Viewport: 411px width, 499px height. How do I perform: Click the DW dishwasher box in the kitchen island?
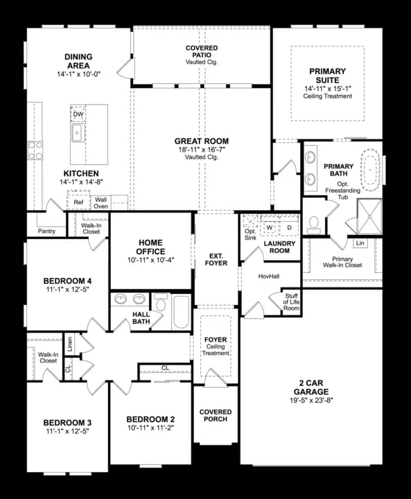point(78,115)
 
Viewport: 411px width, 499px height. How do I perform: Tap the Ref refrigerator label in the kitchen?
point(78,202)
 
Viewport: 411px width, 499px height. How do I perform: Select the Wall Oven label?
point(101,202)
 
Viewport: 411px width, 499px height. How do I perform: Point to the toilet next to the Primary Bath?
point(314,224)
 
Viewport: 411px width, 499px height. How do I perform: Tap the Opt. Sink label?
point(250,234)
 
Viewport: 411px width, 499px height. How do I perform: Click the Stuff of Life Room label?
point(291,301)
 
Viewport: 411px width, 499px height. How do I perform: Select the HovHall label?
point(268,275)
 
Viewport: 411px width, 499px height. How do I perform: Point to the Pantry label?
point(47,231)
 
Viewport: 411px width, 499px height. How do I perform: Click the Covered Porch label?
point(216,416)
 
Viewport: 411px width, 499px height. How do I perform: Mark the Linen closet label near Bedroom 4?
point(69,343)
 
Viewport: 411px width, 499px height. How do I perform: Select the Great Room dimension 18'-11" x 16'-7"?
point(202,150)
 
